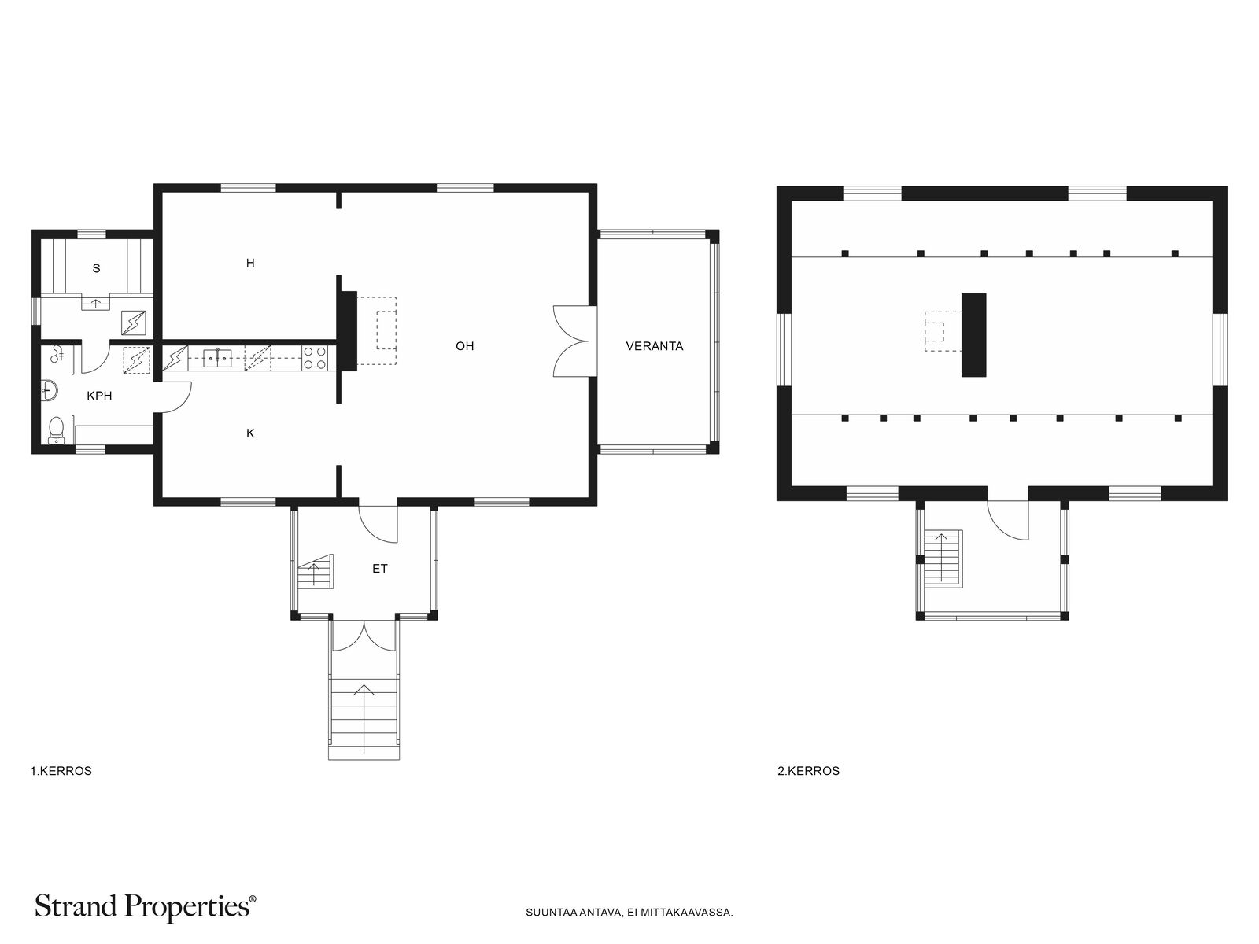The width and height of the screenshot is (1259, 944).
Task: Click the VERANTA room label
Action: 654,346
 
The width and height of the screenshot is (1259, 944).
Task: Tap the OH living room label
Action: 464,346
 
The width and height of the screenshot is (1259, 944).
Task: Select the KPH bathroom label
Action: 99,396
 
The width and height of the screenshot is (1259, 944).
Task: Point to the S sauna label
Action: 96,268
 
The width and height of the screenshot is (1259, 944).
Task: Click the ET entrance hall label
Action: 380,569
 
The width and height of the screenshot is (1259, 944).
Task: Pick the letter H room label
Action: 250,263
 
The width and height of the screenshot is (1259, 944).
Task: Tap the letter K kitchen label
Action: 250,433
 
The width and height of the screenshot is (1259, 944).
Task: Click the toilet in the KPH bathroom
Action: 56,430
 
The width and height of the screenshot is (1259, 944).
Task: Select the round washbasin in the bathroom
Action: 50,390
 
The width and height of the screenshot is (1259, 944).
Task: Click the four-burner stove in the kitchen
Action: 315,358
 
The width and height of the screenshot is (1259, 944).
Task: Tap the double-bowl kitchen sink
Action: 217,358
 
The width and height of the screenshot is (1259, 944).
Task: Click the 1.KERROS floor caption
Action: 61,772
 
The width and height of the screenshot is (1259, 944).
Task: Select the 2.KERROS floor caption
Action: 808,772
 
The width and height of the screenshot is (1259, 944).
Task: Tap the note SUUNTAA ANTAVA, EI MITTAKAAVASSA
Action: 629,913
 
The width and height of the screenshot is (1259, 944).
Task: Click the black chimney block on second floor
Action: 973,335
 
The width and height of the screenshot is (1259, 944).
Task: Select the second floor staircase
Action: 943,559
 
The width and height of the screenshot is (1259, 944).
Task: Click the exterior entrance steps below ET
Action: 364,718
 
